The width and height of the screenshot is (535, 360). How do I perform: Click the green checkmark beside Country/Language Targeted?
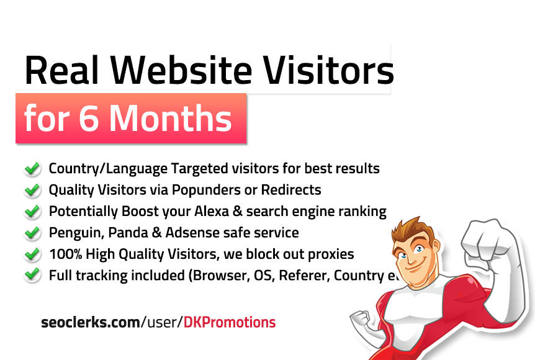click(x=32, y=168)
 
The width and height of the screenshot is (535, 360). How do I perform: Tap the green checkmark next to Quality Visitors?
click(x=32, y=189)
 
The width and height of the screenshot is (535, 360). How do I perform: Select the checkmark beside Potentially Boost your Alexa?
click(x=32, y=211)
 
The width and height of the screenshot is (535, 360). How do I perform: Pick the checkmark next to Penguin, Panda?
click(x=32, y=233)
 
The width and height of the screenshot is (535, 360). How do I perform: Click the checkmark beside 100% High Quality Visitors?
click(x=32, y=254)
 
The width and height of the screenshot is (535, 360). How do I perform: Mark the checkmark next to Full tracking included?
click(x=32, y=275)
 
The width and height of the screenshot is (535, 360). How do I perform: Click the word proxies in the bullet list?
click(x=332, y=254)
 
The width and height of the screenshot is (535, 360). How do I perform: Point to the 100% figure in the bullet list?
click(x=65, y=254)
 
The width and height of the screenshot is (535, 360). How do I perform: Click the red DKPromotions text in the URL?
click(x=230, y=322)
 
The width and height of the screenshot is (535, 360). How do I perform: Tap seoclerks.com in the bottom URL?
click(x=90, y=322)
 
